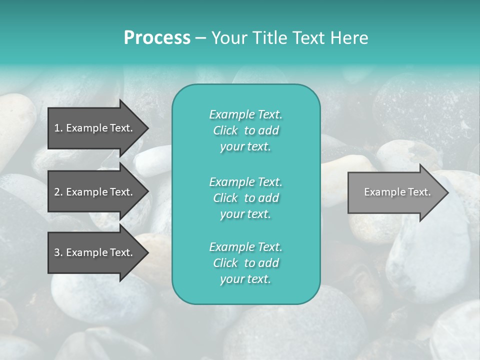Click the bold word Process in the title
tap(157, 38)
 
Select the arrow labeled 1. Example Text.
tap(95, 128)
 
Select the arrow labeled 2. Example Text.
tap(95, 192)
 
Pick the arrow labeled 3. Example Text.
tap(95, 252)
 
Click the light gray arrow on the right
tap(395, 192)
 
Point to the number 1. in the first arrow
tap(58, 128)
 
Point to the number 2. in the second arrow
tap(58, 192)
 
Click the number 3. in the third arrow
tap(58, 252)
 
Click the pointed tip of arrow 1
tap(146, 128)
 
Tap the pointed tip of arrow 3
tap(146, 252)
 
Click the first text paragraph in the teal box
tap(245, 130)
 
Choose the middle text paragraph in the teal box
tap(245, 197)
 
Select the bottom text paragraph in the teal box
tap(245, 263)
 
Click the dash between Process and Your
tap(200, 38)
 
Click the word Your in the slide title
tap(228, 38)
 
